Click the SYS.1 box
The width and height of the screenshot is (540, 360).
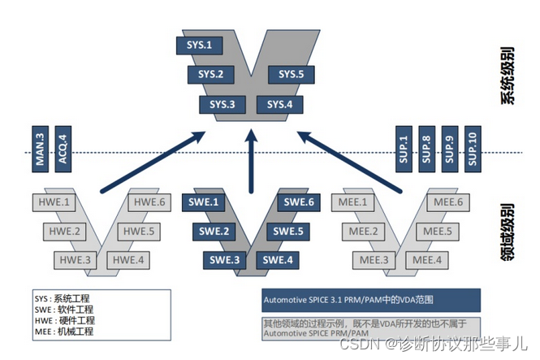pos(199,45)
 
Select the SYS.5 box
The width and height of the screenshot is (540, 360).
pos(291,75)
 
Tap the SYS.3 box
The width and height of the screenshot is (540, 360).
pos(222,104)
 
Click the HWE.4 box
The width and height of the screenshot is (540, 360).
pos(128,260)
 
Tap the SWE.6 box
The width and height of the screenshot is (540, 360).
pos(298,202)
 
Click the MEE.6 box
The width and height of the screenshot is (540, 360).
pos(448,202)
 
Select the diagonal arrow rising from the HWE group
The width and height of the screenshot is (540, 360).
pos(150,158)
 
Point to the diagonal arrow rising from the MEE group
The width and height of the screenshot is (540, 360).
pos(349,158)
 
